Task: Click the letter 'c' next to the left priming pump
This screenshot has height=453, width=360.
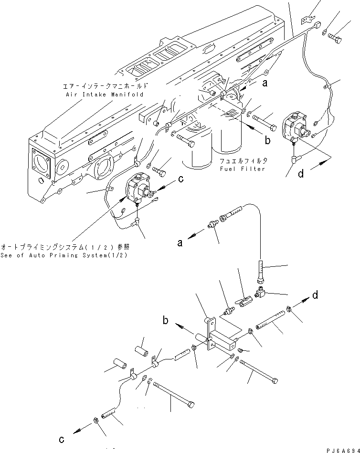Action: tap(180, 179)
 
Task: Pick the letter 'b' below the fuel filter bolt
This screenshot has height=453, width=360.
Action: tap(268, 140)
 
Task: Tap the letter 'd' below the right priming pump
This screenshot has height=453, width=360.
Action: tap(300, 174)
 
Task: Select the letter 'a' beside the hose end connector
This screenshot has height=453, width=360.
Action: tap(180, 243)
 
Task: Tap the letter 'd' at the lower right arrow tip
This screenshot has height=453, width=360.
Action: tap(315, 295)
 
